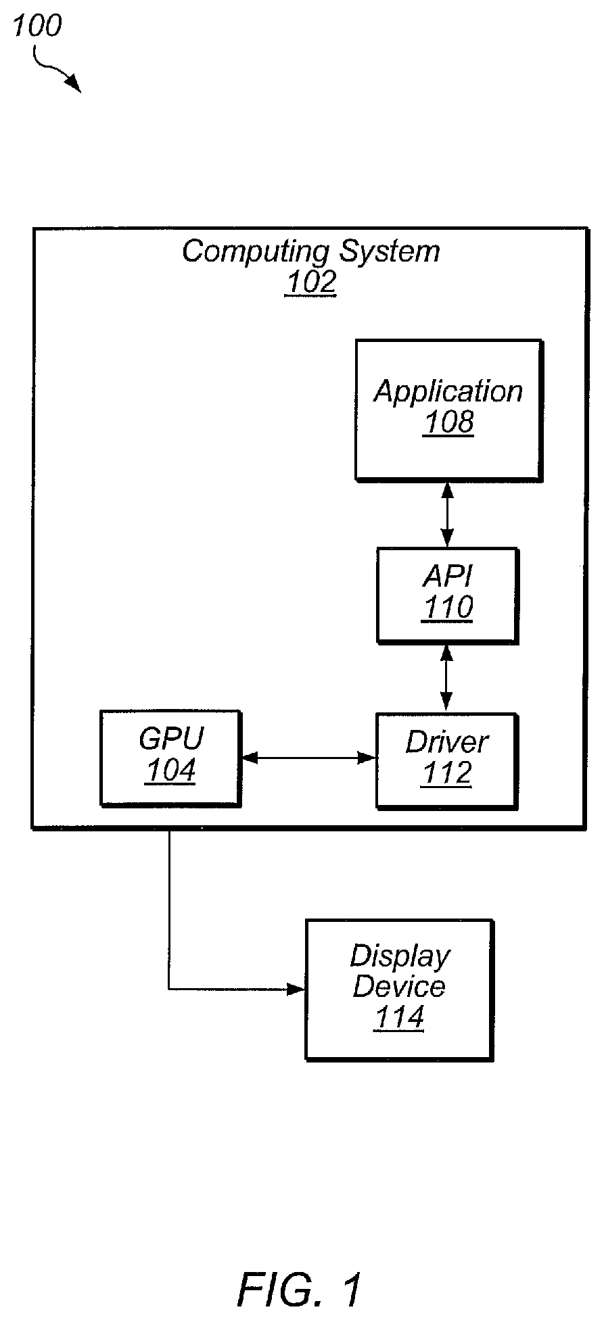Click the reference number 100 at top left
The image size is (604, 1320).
tap(37, 26)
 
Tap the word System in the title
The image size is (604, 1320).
tap(389, 252)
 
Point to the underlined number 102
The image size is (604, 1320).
tap(310, 283)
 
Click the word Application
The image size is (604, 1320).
tap(448, 392)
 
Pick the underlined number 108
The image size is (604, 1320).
tap(448, 422)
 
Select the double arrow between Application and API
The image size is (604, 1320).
tap(446, 514)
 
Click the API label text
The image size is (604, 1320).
tap(448, 577)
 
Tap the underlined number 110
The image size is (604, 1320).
tap(448, 608)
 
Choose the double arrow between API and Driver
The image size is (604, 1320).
tap(446, 678)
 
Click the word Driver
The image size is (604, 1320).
tap(446, 743)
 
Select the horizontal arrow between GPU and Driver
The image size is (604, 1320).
tap(308, 758)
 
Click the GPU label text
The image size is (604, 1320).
tap(170, 739)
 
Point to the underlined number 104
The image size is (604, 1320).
tap(170, 771)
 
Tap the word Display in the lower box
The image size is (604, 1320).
tap(400, 956)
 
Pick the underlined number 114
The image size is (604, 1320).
tap(399, 1018)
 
